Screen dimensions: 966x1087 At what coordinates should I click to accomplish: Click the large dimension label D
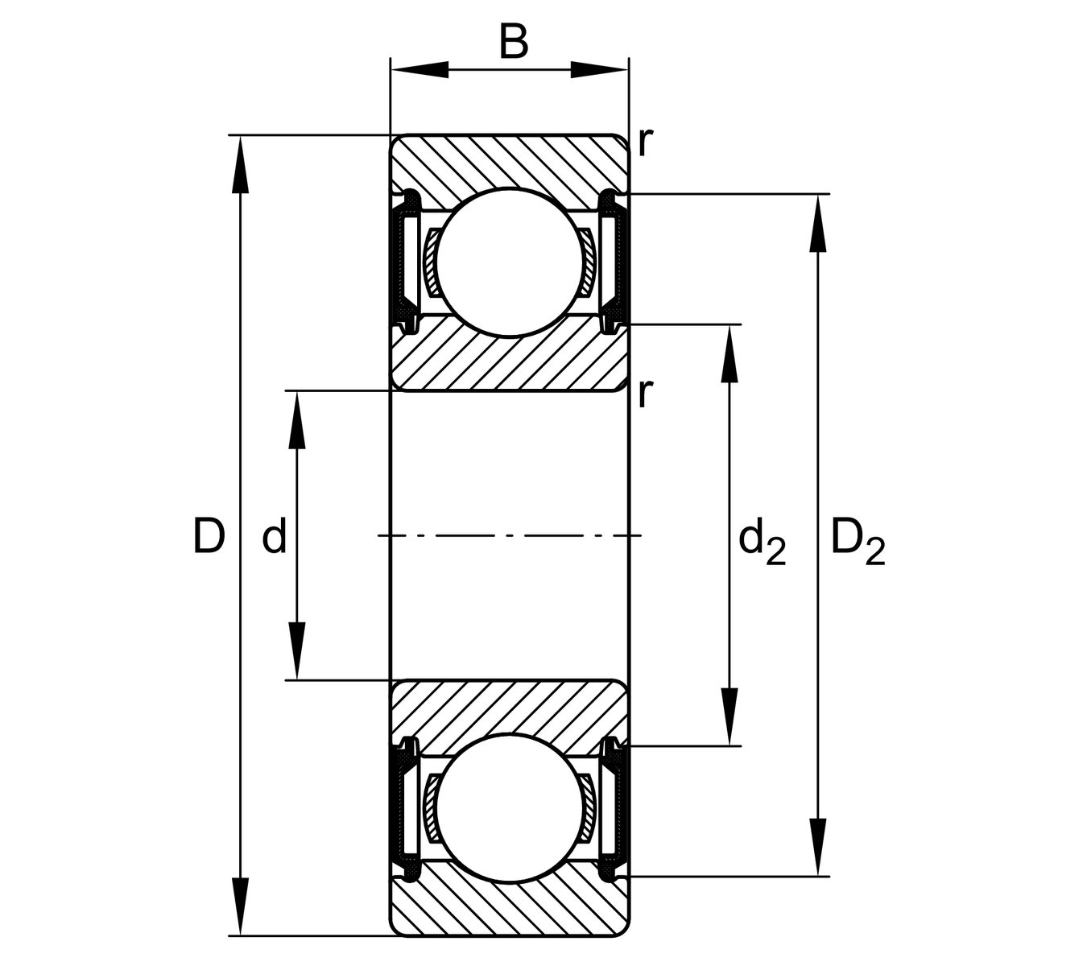click(209, 536)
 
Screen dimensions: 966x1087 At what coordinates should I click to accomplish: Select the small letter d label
click(275, 538)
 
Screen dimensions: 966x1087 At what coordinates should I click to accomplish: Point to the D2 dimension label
click(857, 542)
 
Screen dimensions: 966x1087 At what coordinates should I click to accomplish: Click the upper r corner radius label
click(643, 142)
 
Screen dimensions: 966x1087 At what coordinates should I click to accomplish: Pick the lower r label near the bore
click(643, 394)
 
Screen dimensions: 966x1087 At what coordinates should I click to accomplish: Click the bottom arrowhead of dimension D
click(239, 906)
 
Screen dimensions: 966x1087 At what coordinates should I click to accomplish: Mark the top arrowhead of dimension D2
click(818, 225)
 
